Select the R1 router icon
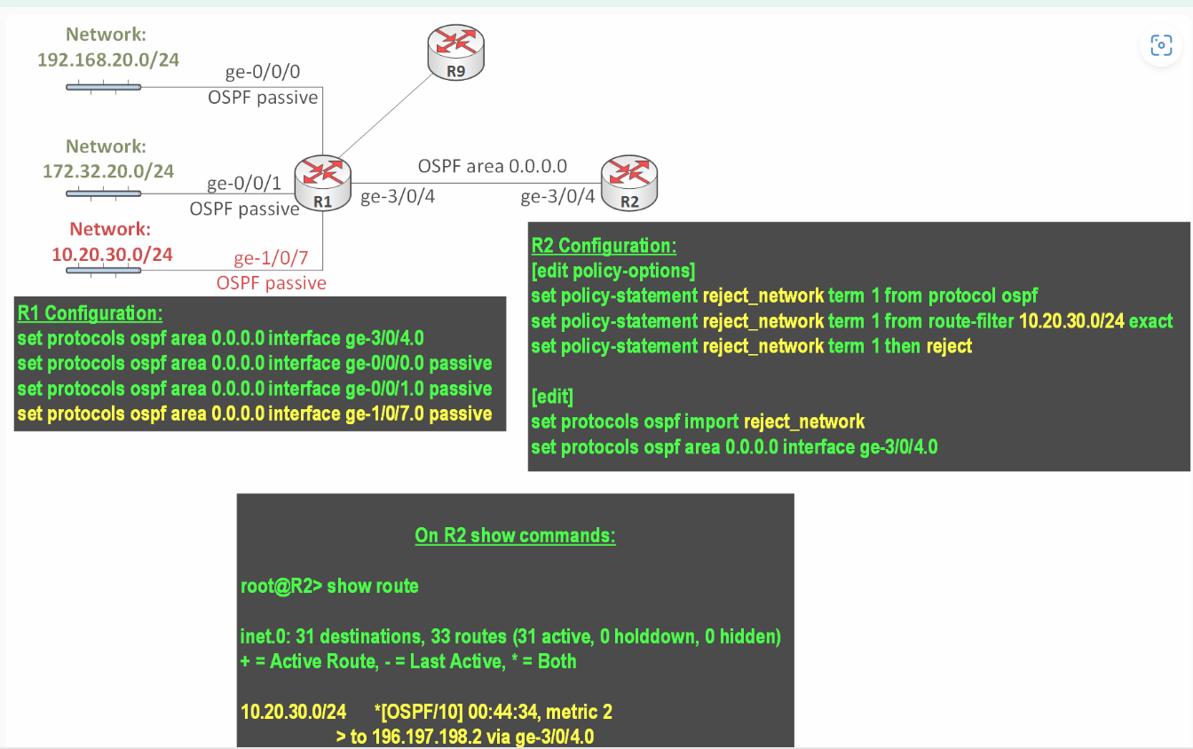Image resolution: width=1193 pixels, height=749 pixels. [324, 182]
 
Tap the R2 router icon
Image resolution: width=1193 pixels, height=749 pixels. [629, 182]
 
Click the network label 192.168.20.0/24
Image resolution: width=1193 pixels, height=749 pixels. [108, 59]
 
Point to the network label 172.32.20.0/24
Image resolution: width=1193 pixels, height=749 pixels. [108, 170]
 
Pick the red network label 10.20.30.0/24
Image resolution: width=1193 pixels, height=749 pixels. [112, 254]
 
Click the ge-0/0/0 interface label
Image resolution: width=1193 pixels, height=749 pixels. [263, 73]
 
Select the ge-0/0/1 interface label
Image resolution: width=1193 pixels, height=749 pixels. [244, 184]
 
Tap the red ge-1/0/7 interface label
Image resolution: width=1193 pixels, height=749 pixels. [271, 259]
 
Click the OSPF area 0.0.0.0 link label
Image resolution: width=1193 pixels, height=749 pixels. [493, 166]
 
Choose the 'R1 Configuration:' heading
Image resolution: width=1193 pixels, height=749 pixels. [90, 312]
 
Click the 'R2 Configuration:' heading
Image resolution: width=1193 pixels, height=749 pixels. [604, 246]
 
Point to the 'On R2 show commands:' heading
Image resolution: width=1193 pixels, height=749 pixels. [515, 535]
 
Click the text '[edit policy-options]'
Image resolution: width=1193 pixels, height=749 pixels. [612, 270]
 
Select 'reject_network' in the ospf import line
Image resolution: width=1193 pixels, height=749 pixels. [804, 421]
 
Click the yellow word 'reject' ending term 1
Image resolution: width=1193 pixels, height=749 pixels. [949, 345]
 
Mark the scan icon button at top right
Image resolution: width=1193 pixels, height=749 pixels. [1161, 45]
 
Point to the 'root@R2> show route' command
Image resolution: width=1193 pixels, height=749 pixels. [329, 586]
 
